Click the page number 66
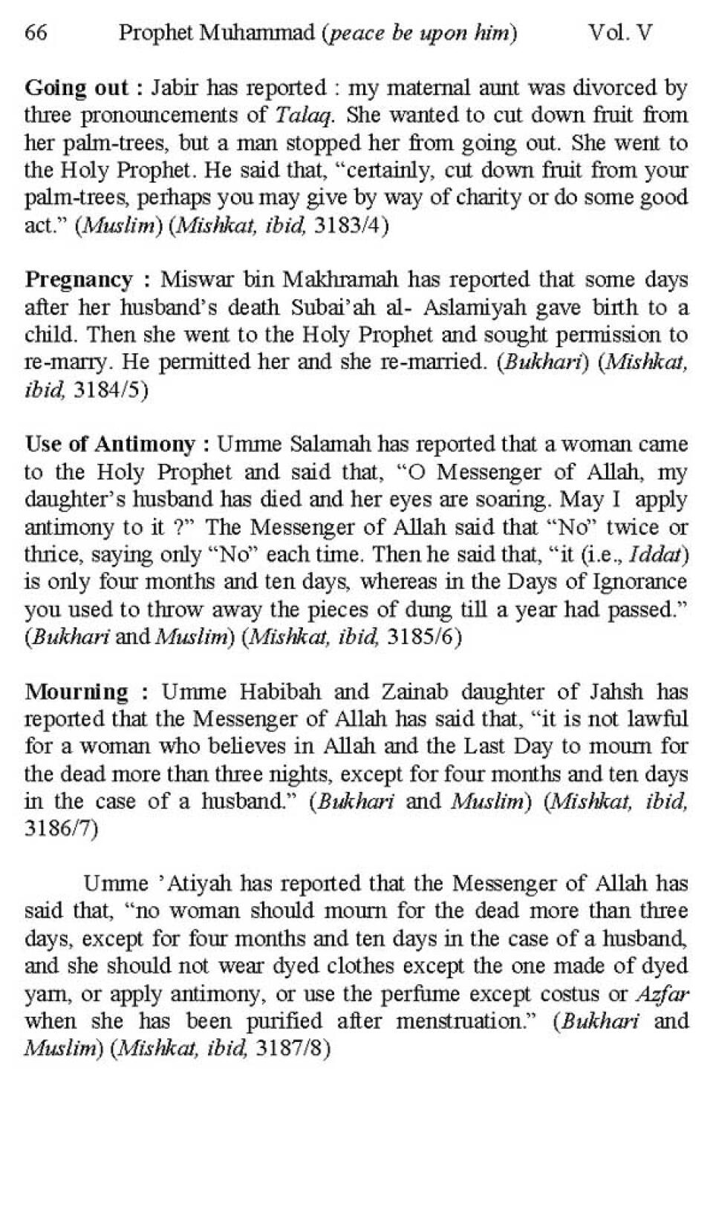click(36, 33)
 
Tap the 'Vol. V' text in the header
click(620, 33)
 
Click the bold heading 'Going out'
click(77, 88)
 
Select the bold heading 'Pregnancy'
click(79, 280)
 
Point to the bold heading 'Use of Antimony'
click(110, 445)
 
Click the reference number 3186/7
click(61, 829)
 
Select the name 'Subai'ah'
click(333, 307)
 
